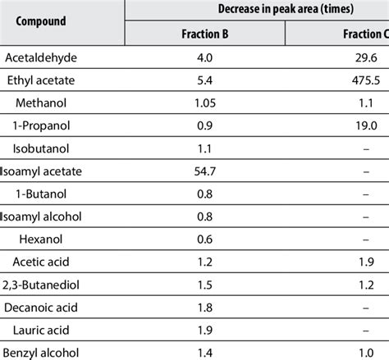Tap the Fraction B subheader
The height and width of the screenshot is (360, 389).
[x=204, y=34]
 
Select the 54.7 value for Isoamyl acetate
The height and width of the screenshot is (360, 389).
[x=204, y=171]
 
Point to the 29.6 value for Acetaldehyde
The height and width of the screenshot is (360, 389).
[x=368, y=58]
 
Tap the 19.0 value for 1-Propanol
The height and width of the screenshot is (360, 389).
[x=368, y=126]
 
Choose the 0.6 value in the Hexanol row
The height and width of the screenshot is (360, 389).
[x=204, y=239]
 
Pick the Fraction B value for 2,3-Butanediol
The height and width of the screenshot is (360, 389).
[x=204, y=284]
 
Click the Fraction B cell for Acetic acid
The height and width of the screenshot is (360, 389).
[x=204, y=261]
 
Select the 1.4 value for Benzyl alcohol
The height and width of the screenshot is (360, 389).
[x=204, y=351]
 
